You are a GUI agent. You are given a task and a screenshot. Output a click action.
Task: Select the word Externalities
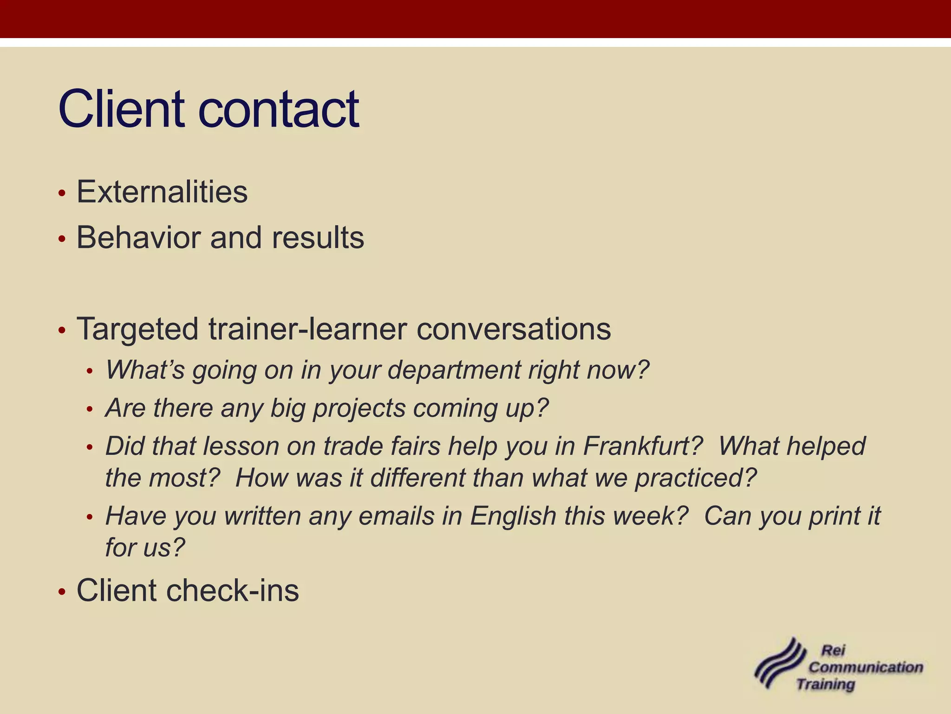point(162,192)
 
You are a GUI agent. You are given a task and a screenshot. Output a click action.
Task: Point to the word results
point(318,238)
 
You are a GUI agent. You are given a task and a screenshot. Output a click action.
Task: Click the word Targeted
point(137,329)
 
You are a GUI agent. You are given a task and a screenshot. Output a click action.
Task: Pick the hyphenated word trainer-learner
point(307,329)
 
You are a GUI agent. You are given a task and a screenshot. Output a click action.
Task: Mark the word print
point(831,516)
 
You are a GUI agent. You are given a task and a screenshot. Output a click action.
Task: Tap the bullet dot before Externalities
point(62,193)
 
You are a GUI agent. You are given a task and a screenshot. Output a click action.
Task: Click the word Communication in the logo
point(866,668)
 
